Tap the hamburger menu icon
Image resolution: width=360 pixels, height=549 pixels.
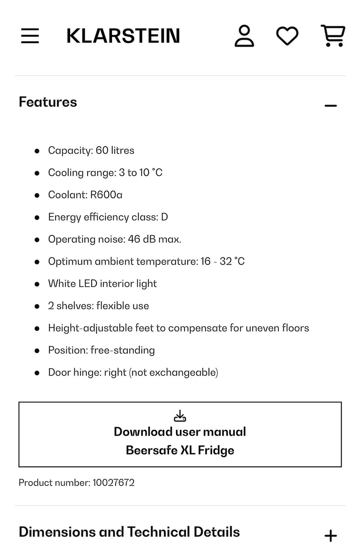click(30, 36)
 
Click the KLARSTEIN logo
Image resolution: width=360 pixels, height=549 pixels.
click(123, 36)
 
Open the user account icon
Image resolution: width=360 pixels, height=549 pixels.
click(244, 36)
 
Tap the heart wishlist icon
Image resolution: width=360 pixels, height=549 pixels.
click(287, 36)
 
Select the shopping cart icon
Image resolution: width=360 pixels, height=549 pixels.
click(333, 36)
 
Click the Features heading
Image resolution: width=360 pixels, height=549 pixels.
click(48, 102)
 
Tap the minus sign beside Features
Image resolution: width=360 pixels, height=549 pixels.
click(330, 106)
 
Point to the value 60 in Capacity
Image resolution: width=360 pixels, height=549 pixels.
click(102, 150)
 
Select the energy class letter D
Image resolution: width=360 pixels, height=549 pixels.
click(164, 217)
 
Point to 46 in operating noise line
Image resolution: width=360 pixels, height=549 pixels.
click(134, 239)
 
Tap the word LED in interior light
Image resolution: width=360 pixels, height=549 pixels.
click(88, 284)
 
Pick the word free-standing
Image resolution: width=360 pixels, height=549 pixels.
click(123, 350)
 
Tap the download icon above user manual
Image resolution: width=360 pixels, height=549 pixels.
click(180, 416)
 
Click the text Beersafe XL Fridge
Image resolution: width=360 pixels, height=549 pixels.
click(180, 450)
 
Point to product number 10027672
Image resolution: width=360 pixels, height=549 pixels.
click(113, 483)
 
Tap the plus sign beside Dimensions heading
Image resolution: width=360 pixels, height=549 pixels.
click(330, 535)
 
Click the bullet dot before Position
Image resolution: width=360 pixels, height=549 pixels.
click(37, 351)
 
